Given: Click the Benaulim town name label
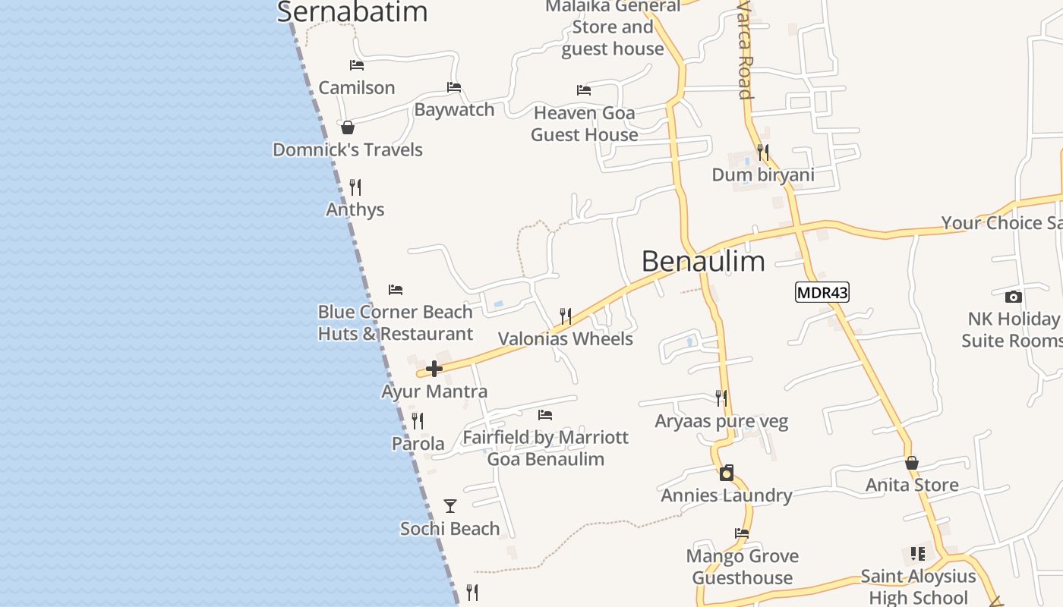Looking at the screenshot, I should (x=703, y=261).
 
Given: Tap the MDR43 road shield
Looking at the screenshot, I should (x=822, y=292).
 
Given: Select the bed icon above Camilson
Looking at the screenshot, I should (x=357, y=65).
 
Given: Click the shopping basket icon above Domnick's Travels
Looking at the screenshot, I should (x=348, y=127).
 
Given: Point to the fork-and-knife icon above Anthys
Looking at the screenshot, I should (x=355, y=187).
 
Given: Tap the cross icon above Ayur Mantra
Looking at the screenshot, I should (x=434, y=370).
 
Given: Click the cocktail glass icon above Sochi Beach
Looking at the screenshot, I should (x=450, y=506).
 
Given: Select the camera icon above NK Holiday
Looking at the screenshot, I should (x=1013, y=297).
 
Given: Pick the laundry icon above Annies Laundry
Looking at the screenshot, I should (x=727, y=473).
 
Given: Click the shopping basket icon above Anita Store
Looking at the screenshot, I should (x=912, y=463).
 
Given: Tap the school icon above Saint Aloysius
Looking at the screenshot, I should (x=918, y=554).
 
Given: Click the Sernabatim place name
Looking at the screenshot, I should (x=352, y=12).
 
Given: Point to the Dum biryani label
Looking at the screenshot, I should (x=763, y=175).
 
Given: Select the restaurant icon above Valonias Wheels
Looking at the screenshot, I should (x=566, y=316).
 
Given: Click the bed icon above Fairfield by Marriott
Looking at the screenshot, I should (x=545, y=415).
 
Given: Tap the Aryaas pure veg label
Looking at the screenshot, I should (x=721, y=421).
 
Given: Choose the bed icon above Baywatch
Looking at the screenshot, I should (x=454, y=87).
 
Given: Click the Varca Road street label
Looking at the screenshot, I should (x=745, y=49).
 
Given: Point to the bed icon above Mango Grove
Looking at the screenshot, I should (x=742, y=533).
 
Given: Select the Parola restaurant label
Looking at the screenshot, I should (x=418, y=444).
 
